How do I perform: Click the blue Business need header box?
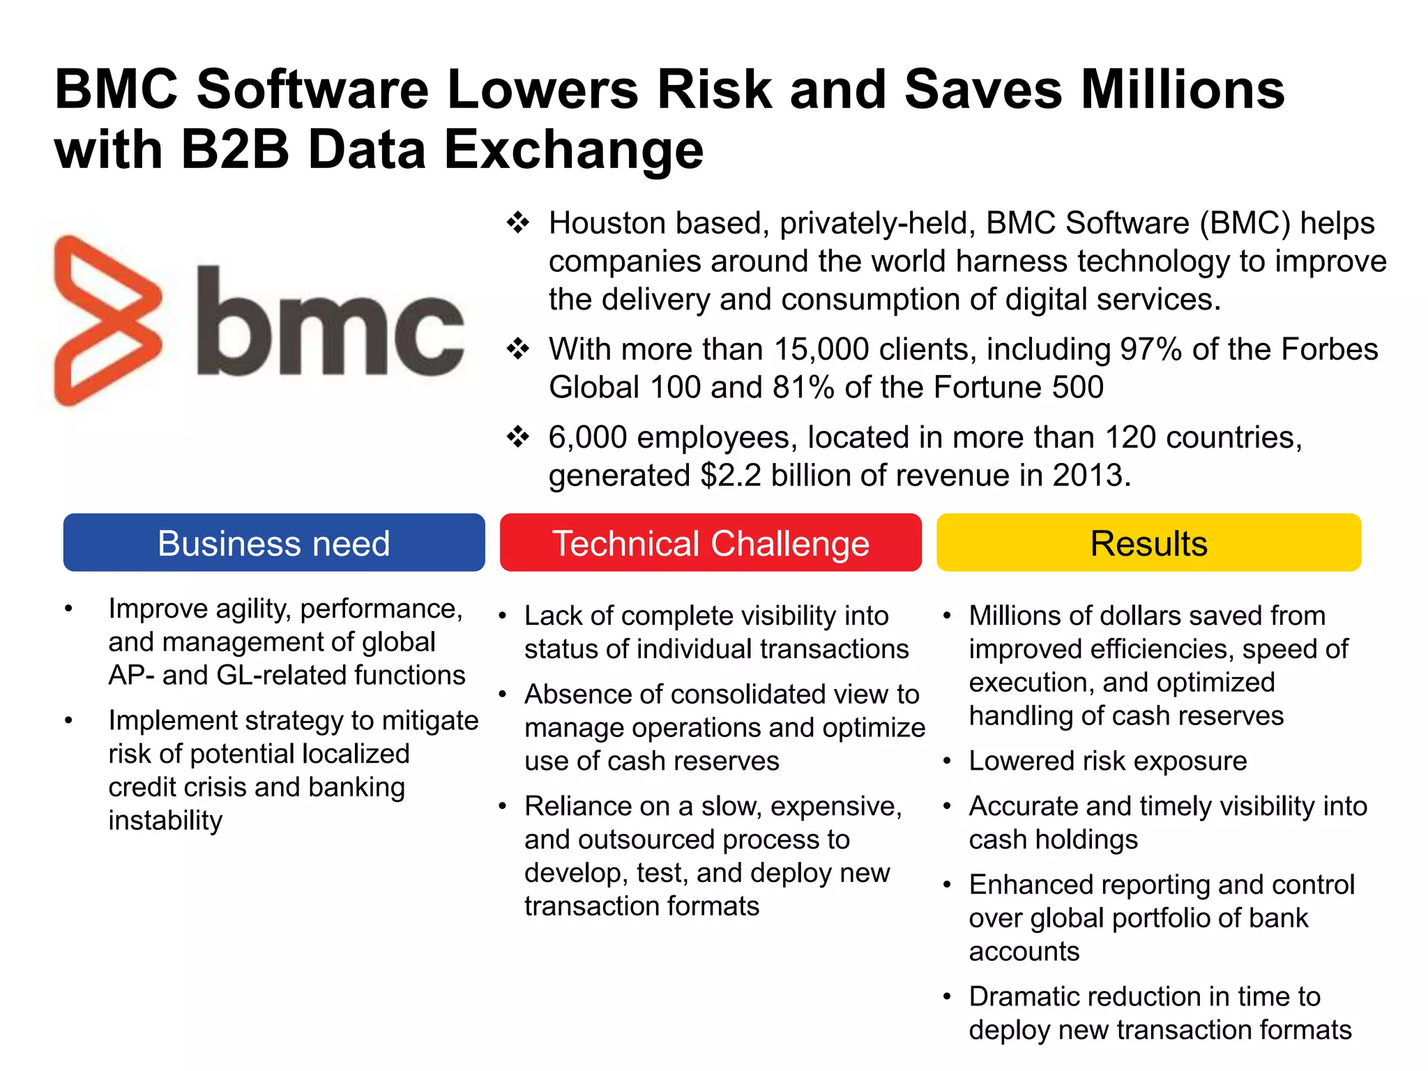[x=274, y=542]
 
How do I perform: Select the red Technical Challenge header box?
[x=711, y=542]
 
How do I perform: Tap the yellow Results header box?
[x=1148, y=542]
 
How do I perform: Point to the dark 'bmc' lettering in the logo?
[x=329, y=322]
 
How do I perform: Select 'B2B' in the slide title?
[x=235, y=149]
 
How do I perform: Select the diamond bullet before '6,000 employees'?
[x=518, y=437]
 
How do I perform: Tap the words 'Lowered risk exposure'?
[x=1107, y=761]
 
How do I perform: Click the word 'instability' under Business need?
[x=165, y=821]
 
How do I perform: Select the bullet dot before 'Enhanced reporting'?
[x=947, y=886]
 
